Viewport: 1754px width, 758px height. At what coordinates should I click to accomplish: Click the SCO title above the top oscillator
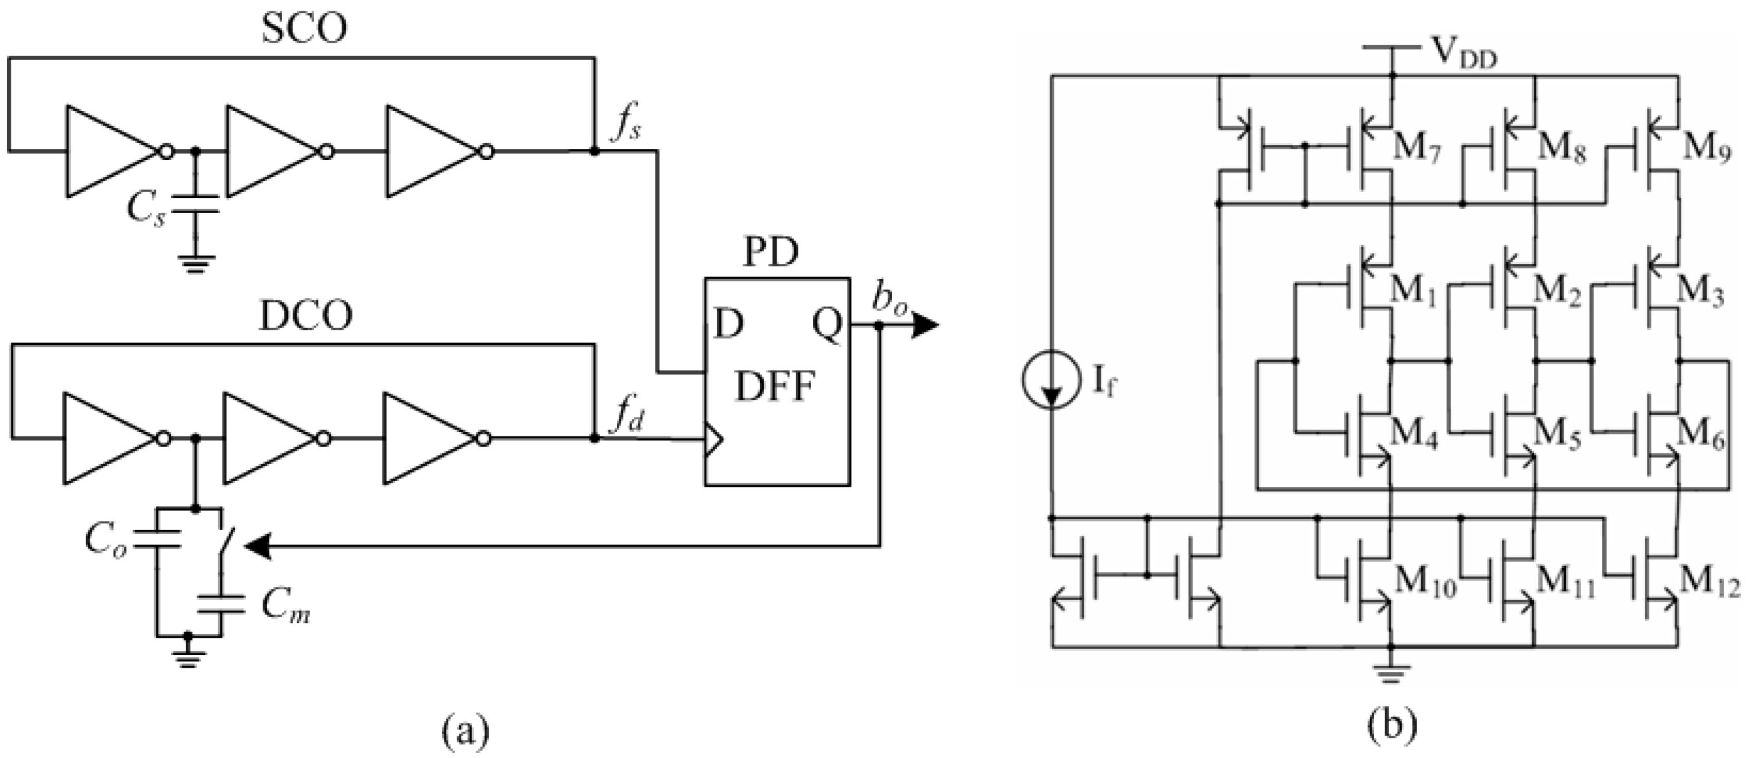pos(305,29)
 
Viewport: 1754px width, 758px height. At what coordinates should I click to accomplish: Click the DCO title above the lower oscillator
pos(306,317)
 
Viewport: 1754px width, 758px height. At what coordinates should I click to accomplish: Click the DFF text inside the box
pos(775,386)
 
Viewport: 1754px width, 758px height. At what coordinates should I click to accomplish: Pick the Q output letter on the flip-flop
pos(827,325)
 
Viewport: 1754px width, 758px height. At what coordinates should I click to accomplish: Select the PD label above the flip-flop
pos(770,253)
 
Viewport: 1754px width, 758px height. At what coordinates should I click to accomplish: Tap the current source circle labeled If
pos(1051,379)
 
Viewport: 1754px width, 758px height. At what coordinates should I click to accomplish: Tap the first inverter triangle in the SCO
pos(109,151)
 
